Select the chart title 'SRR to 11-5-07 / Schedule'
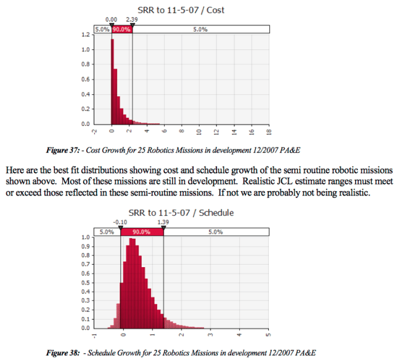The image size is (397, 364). [x=181, y=213]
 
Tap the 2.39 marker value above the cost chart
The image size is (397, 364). [x=131, y=20]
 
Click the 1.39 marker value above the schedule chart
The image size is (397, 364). [x=163, y=223]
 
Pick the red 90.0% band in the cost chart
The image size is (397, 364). [x=122, y=29]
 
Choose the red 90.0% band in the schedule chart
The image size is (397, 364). [x=142, y=231]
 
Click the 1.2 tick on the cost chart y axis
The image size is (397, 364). [x=86, y=35]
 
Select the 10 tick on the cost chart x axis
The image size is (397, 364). [x=199, y=132]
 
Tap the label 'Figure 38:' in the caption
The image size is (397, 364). [x=63, y=354]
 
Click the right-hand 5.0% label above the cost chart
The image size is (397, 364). [x=200, y=29]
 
